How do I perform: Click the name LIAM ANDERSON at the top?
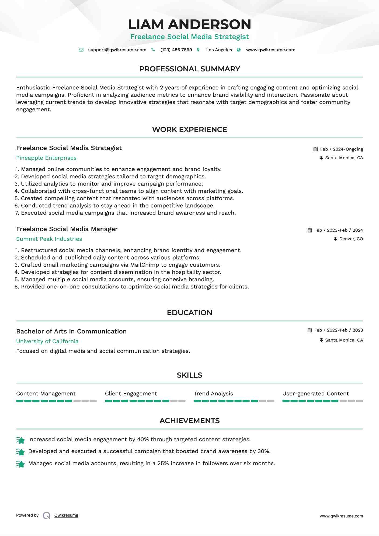tap(189, 25)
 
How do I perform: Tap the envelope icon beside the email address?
tap(81, 50)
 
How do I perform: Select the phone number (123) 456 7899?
tap(176, 50)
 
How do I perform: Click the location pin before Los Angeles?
tap(198, 50)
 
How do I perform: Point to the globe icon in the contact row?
tap(239, 50)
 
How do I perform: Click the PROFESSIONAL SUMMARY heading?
tap(189, 69)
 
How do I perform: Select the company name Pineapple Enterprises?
tap(46, 158)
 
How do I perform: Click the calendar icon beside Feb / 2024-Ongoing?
tap(315, 149)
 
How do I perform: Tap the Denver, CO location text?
tap(351, 239)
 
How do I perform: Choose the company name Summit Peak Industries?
tap(49, 239)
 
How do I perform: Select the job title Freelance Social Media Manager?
tap(67, 229)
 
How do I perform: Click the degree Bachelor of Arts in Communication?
tap(71, 332)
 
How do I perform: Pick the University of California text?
tap(47, 342)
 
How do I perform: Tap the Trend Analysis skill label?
tap(213, 394)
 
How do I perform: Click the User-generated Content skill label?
tap(315, 394)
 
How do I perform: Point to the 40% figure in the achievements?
tap(143, 440)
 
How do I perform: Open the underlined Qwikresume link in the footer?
tap(66, 515)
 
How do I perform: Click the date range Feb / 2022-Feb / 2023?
tap(339, 330)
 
